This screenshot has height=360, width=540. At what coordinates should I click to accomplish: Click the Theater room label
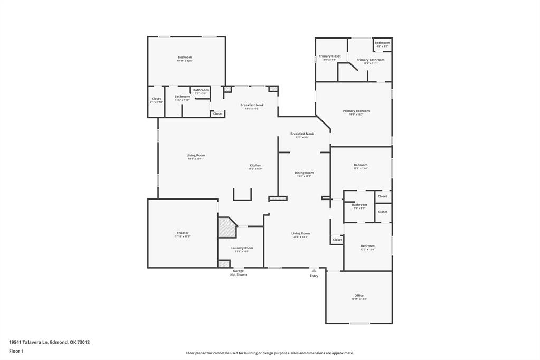tap(183, 233)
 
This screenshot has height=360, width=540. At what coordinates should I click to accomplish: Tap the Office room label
tap(359, 296)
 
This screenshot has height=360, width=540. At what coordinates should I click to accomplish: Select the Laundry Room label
tap(242, 248)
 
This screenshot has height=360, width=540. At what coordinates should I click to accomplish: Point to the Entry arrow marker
tap(314, 271)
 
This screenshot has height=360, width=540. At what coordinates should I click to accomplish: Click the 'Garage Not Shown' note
tap(238, 273)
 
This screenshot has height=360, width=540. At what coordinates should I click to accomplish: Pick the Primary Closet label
tap(329, 56)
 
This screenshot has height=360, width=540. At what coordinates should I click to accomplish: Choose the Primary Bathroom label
tap(370, 60)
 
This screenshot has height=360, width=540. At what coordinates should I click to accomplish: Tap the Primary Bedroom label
tap(356, 111)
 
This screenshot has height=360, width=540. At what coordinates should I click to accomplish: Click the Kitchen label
tap(255, 166)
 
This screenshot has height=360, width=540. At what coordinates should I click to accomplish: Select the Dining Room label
tap(304, 173)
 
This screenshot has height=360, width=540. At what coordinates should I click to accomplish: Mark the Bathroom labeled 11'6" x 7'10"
tap(182, 97)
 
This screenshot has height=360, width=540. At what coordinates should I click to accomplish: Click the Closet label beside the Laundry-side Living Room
tap(337, 240)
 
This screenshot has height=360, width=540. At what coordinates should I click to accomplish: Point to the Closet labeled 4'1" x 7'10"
tap(156, 99)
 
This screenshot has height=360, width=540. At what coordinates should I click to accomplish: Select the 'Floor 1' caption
tap(16, 351)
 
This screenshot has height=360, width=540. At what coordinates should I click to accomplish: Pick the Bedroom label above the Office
tap(367, 246)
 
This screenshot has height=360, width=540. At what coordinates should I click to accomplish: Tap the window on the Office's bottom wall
tap(359, 323)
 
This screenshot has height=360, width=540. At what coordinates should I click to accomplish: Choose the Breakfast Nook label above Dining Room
tap(302, 134)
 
